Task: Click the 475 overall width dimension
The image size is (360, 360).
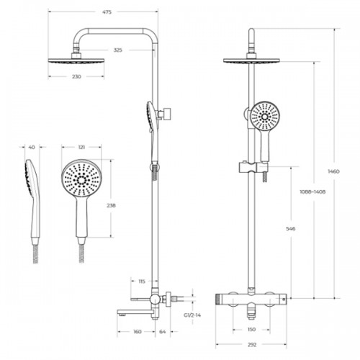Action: [x=107, y=12]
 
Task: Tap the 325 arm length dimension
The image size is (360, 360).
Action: [x=117, y=50]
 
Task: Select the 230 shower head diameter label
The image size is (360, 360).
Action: [x=76, y=76]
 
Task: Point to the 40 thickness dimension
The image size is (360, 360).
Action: [x=32, y=147]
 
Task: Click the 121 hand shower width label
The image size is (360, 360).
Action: [x=81, y=147]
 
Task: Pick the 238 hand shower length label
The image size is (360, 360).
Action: [x=111, y=205]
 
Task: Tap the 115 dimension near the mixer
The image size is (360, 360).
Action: [x=142, y=282]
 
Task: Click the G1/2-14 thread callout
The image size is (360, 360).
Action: [x=192, y=315]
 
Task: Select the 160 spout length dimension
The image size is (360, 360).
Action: [x=137, y=332]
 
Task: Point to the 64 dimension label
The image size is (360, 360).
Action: [x=163, y=332]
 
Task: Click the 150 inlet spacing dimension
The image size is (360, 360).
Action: [x=251, y=330]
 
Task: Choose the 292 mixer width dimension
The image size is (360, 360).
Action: [x=252, y=345]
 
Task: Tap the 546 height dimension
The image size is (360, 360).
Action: [x=291, y=229]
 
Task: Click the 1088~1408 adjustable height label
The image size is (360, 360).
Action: [x=312, y=192]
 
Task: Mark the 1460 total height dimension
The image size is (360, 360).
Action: [x=333, y=171]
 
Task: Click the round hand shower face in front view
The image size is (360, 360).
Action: [x=265, y=117]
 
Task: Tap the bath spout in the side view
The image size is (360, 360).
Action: [x=136, y=312]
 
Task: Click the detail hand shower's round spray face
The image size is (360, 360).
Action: [x=81, y=179]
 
